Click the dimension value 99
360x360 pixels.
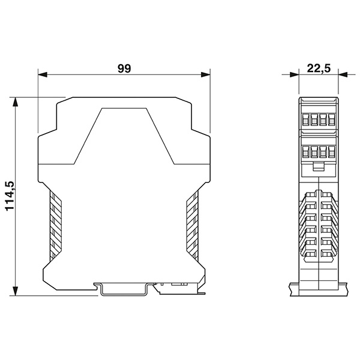click(124, 68)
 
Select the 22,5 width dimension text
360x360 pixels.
click(319, 68)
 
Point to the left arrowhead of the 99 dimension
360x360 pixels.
click(43, 74)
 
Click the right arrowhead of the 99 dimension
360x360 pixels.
click(205, 74)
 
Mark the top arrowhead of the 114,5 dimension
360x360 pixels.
click(15, 102)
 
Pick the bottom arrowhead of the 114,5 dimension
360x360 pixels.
click(15, 291)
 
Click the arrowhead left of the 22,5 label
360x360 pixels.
click(295, 74)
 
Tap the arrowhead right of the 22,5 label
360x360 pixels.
click(343, 74)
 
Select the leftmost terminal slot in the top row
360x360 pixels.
click(305, 119)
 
